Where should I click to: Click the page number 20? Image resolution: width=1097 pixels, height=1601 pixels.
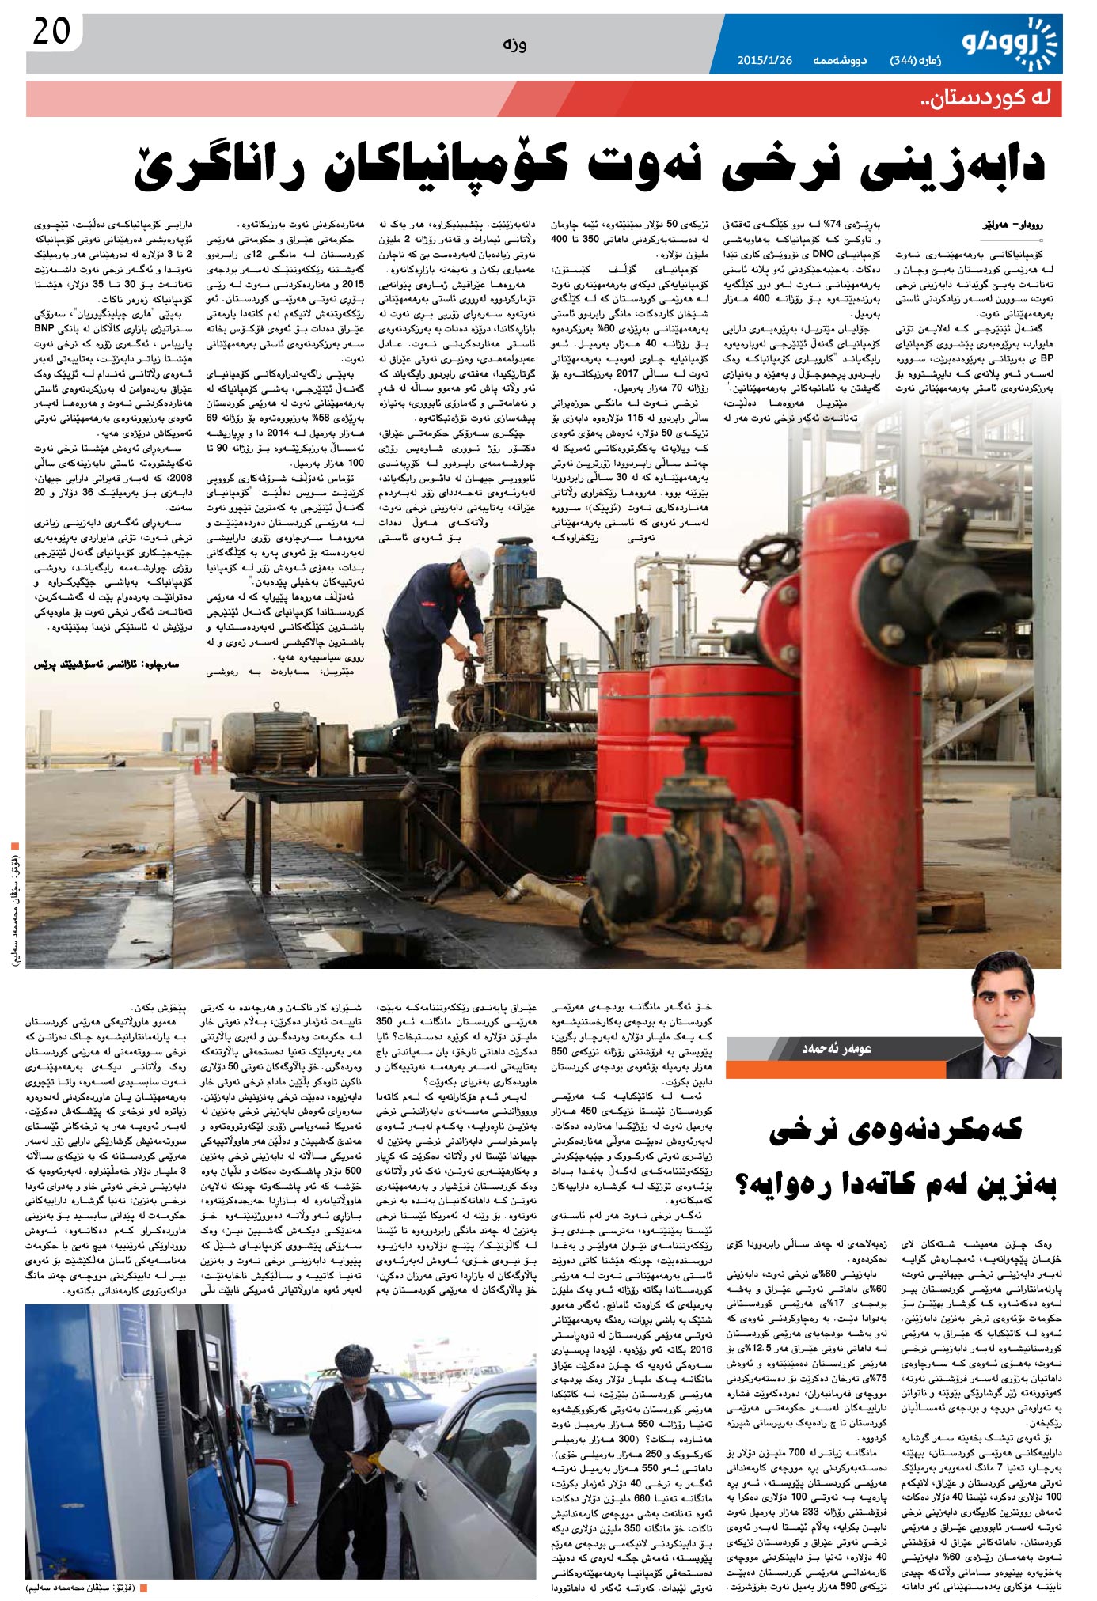[52, 33]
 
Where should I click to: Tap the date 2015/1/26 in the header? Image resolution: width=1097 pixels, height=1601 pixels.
[765, 60]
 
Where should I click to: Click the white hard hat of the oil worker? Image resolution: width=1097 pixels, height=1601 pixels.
[474, 562]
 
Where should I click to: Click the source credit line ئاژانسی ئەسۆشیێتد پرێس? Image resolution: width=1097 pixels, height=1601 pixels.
[106, 664]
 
